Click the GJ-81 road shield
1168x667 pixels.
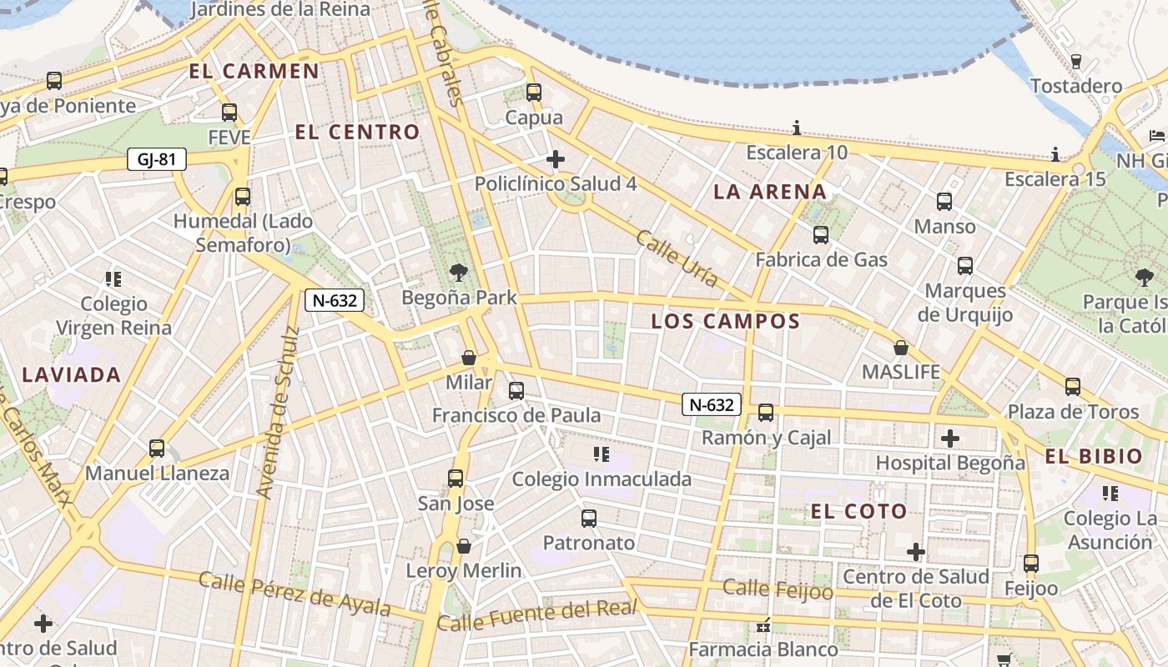pyautogui.click(x=156, y=159)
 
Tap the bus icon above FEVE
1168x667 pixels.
pyautogui.click(x=229, y=112)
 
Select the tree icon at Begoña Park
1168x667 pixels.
pyautogui.click(x=458, y=271)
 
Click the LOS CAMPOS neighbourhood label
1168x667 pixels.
pyautogui.click(x=725, y=321)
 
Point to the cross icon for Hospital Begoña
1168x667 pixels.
pyautogui.click(x=949, y=438)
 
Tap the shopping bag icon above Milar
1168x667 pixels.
pyautogui.click(x=469, y=358)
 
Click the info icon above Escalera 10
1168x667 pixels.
pyautogui.click(x=797, y=128)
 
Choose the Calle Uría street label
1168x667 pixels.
pyautogui.click(x=677, y=258)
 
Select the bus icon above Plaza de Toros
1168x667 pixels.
pyautogui.click(x=1073, y=386)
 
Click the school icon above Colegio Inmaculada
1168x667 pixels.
pyautogui.click(x=602, y=454)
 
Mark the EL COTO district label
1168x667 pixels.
pyautogui.click(x=858, y=512)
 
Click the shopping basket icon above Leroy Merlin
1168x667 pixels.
pyautogui.click(x=464, y=546)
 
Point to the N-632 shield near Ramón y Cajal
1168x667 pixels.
pyautogui.click(x=712, y=405)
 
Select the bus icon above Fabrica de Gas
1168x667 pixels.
pyautogui.click(x=821, y=235)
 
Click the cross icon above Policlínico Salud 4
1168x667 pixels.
pyautogui.click(x=556, y=158)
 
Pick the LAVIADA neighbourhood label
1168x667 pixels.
pyautogui.click(x=72, y=375)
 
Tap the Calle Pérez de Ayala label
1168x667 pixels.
pyautogui.click(x=295, y=593)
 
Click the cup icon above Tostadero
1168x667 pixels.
pyautogui.click(x=1075, y=61)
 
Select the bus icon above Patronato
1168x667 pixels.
pyautogui.click(x=589, y=518)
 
